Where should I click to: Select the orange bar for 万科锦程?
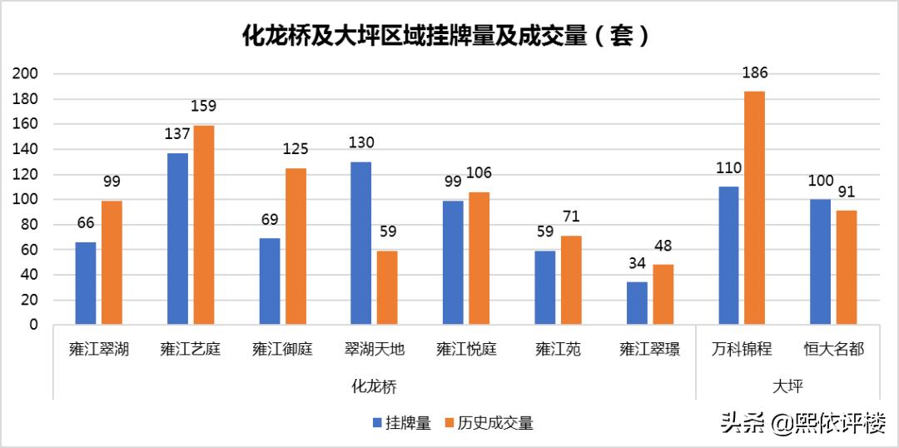click(754, 207)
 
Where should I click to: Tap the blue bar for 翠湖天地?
click(360, 242)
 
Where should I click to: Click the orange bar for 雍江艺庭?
click(204, 225)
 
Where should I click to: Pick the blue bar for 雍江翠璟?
click(637, 303)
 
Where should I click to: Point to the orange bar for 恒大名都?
click(846, 267)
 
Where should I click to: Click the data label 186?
click(754, 73)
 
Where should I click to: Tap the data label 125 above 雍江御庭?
click(296, 150)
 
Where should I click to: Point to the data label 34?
click(637, 264)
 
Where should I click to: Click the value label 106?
click(479, 173)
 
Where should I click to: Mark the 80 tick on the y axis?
click(29, 225)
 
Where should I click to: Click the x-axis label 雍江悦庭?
click(466, 350)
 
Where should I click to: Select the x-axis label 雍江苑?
click(558, 350)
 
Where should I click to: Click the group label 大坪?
click(787, 386)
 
